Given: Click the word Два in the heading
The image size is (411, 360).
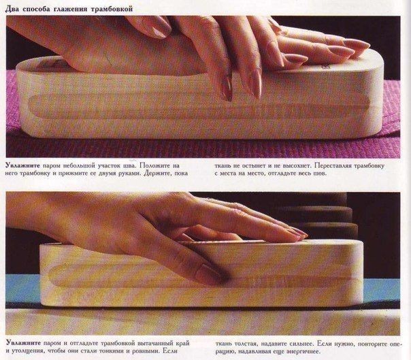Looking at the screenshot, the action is click(12, 9).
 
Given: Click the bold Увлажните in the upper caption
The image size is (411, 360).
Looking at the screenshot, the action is click(22, 166).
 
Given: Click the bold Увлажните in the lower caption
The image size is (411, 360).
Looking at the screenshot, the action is click(23, 343).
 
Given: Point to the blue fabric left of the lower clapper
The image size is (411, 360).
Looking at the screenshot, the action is click(22, 287).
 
